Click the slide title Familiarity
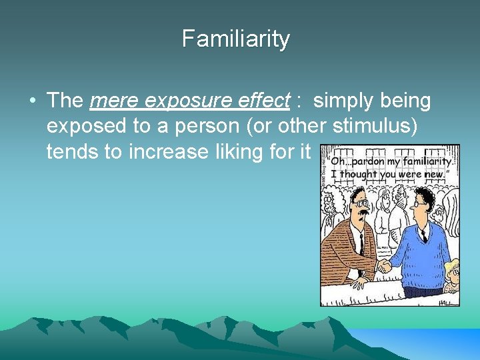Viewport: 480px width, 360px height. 236,39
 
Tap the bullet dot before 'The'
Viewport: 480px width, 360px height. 32,102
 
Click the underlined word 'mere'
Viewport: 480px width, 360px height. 114,101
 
